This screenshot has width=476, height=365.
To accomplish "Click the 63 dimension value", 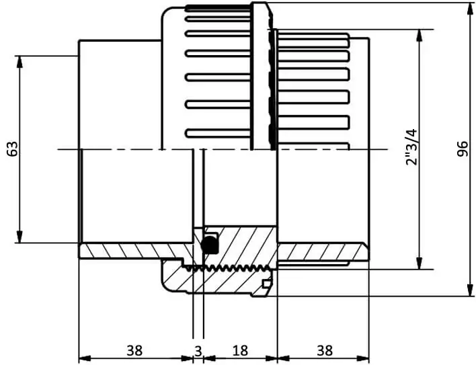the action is pyautogui.click(x=13, y=149).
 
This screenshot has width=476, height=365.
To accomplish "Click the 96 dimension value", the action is pyautogui.click(x=463, y=149).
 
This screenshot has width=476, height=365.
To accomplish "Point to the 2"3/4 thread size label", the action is pyautogui.click(x=411, y=147).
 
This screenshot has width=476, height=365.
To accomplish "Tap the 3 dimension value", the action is pyautogui.click(x=198, y=352).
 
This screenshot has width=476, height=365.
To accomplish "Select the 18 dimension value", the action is pyautogui.click(x=240, y=351).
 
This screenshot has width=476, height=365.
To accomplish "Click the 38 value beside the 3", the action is pyautogui.click(x=134, y=351).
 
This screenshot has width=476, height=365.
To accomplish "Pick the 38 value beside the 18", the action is pyautogui.click(x=325, y=351).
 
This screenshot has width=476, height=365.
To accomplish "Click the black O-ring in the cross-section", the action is pyautogui.click(x=210, y=244).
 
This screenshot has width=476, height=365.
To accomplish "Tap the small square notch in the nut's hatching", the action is pyautogui.click(x=266, y=284).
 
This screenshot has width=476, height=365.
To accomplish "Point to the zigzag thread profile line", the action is pyautogui.click(x=228, y=268).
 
